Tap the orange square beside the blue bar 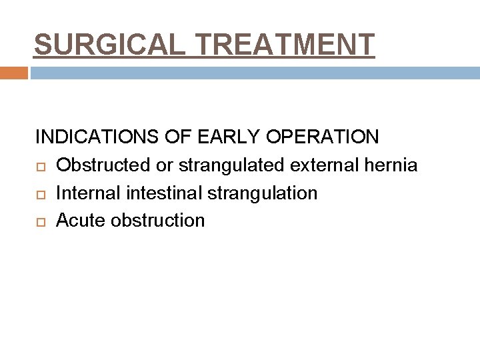[14, 73]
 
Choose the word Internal [86, 193]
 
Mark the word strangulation [258, 193]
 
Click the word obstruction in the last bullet [158, 221]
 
